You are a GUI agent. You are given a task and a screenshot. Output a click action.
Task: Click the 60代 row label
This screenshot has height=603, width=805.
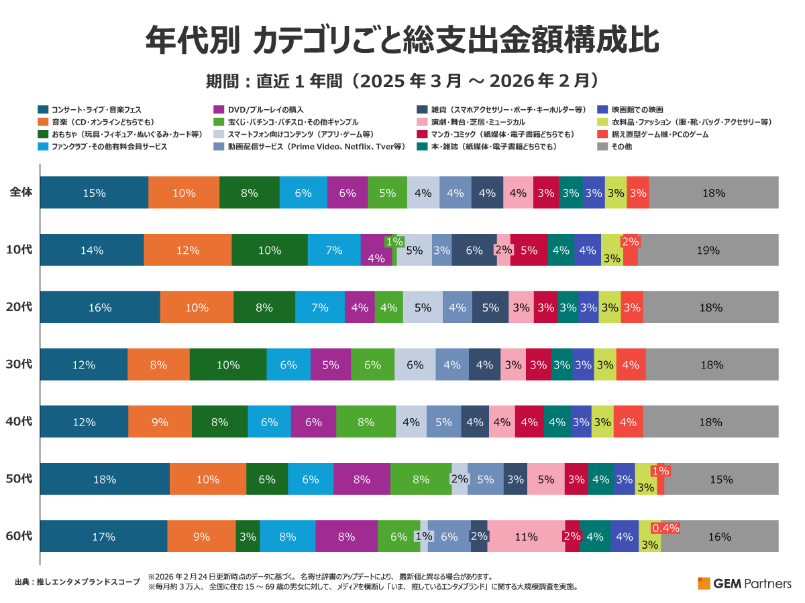point(18,536)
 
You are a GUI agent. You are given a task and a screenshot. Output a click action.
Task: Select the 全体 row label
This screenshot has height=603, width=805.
point(21,193)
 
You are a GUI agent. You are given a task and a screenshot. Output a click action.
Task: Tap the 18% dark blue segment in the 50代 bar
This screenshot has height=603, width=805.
point(105,479)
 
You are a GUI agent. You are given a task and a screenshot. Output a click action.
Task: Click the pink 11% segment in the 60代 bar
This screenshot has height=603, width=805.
point(526,536)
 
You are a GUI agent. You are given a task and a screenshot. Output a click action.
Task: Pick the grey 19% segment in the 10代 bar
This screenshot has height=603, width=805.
point(708,250)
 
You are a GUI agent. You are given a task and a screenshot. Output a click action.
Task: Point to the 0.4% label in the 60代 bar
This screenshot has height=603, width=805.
point(666,528)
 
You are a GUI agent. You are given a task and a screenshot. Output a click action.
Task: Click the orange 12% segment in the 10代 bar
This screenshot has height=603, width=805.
point(188,250)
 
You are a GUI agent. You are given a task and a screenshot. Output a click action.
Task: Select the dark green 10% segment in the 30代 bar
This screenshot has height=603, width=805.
point(228,364)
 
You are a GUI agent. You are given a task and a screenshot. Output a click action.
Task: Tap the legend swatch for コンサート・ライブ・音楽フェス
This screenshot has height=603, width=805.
point(42,109)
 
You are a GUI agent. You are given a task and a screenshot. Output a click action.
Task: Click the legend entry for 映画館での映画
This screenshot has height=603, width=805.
point(633,109)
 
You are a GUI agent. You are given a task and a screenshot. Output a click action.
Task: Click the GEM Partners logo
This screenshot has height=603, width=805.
point(744,583)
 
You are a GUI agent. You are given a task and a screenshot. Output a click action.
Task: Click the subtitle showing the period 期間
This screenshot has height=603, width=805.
point(402,81)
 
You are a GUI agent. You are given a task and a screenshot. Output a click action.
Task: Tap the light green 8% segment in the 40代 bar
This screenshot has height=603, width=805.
point(366,422)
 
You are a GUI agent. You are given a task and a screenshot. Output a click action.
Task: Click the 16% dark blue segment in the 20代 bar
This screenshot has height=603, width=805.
point(100,308)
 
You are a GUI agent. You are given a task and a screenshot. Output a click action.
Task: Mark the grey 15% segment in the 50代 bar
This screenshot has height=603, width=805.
point(722,479)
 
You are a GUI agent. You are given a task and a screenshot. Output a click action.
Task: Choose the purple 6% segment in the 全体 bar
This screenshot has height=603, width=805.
point(347,193)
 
